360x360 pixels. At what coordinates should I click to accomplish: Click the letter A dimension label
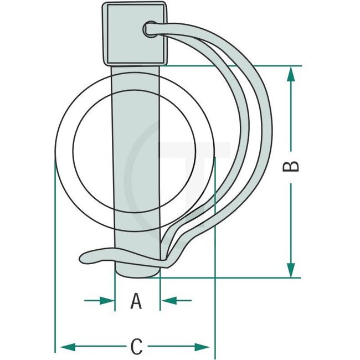tap(136, 302)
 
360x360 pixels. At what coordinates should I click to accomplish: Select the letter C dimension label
tap(136, 347)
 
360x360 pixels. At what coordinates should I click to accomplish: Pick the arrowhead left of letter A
tap(107, 300)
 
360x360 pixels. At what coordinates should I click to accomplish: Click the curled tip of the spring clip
tap(89, 256)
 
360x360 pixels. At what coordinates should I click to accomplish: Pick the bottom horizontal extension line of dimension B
tap(233, 277)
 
